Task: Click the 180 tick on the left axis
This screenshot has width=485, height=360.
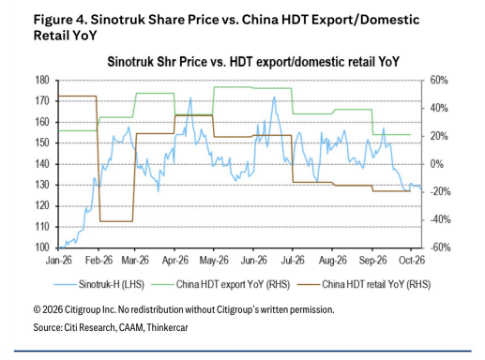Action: click(x=42, y=81)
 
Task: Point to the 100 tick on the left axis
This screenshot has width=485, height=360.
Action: click(x=42, y=247)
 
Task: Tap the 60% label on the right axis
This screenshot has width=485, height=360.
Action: click(x=439, y=81)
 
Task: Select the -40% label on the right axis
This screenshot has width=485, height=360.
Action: click(x=440, y=219)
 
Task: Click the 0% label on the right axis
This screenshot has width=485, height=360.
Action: click(x=436, y=164)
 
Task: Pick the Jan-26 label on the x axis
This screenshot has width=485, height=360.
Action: click(x=59, y=261)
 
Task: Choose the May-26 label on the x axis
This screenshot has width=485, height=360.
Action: click(x=214, y=261)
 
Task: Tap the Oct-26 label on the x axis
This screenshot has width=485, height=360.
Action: click(x=412, y=261)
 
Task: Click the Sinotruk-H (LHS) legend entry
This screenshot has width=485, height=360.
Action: click(x=99, y=284)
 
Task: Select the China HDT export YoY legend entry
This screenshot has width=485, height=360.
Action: click(x=220, y=284)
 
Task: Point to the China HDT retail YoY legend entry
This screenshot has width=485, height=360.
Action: click(x=364, y=284)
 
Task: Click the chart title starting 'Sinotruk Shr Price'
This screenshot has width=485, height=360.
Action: click(x=253, y=62)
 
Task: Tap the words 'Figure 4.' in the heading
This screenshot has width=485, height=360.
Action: click(x=60, y=20)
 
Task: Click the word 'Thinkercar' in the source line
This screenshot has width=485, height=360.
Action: click(x=167, y=327)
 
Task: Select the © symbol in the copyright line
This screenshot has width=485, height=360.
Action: click(x=37, y=309)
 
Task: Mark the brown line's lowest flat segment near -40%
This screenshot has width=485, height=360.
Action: click(x=116, y=221)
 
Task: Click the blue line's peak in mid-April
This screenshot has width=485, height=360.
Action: click(x=190, y=98)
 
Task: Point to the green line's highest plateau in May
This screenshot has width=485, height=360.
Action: click(x=233, y=87)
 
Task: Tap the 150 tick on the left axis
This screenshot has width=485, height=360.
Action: click(x=42, y=143)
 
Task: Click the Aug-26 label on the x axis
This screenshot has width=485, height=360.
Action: click(x=333, y=261)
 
